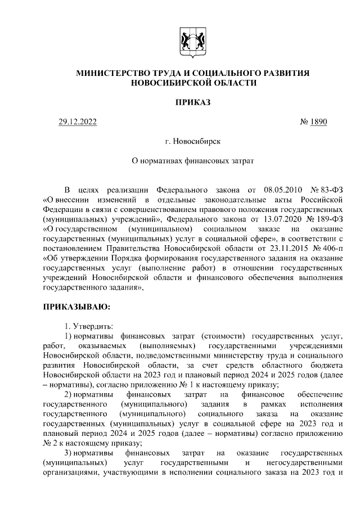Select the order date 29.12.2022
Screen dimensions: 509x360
point(78,122)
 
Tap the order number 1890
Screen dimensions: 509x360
point(317,122)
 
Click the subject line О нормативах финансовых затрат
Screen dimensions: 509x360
point(192,161)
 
